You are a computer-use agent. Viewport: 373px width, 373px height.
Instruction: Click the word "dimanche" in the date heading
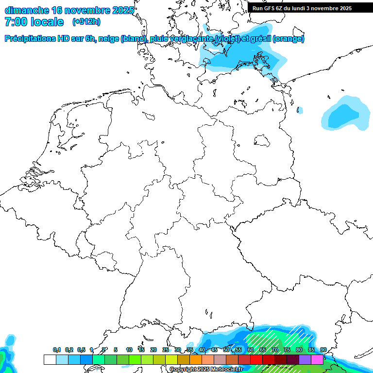click(x=25, y=10)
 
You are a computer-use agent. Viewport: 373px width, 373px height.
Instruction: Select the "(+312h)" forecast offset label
click(x=86, y=22)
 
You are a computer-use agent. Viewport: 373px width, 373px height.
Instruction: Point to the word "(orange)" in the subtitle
click(x=289, y=39)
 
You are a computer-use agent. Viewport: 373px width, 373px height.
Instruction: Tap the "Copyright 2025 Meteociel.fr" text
click(x=206, y=369)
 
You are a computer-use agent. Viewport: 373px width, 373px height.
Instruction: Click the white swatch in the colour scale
click(x=50, y=359)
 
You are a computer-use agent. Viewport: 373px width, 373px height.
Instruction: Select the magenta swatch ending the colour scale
click(x=317, y=359)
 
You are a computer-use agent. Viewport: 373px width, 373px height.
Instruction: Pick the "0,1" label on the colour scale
click(x=57, y=350)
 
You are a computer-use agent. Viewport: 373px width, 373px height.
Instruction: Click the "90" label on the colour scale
click(x=323, y=350)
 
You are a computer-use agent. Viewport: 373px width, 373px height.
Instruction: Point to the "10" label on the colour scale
click(x=129, y=350)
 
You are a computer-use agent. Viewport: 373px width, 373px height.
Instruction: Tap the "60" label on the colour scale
click(x=251, y=350)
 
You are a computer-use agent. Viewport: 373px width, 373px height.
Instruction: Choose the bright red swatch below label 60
click(x=256, y=359)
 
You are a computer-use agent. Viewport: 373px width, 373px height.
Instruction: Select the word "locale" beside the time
click(x=47, y=22)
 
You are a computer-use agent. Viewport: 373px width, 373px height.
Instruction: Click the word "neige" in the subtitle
click(x=109, y=39)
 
